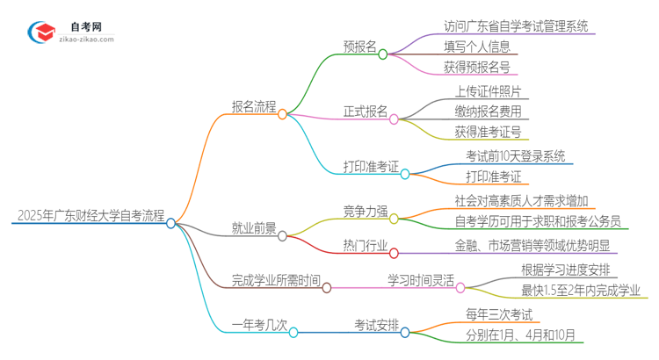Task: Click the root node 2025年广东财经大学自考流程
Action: (91, 215)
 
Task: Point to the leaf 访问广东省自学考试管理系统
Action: (503, 25)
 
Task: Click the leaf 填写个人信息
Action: (478, 47)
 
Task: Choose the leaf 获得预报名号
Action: (477, 68)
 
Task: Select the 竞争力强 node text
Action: (366, 211)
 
